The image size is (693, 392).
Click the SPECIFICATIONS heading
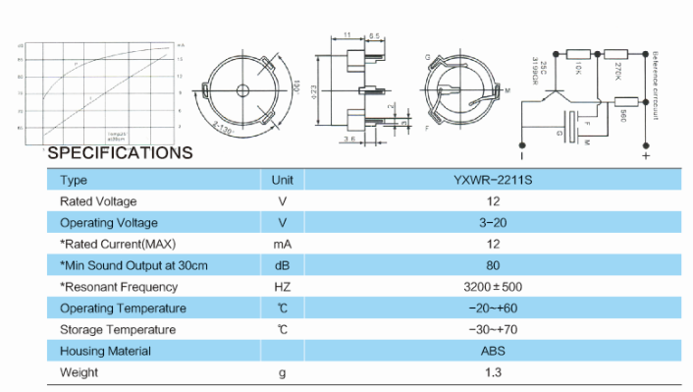[120, 153]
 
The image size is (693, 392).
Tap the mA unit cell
[283, 245]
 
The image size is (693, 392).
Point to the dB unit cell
[283, 266]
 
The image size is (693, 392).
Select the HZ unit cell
[283, 288]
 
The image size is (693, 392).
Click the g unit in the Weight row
[283, 373]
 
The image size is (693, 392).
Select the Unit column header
[283, 180]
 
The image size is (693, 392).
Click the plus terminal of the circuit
[645, 154]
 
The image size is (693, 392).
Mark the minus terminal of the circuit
[521, 154]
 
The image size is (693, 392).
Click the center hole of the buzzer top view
[239, 89]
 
